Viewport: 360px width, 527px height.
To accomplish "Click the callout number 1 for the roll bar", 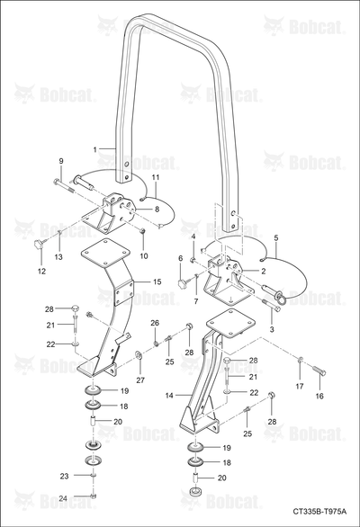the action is pyautogui.click(x=95, y=149).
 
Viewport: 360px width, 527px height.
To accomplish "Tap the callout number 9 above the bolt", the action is pyautogui.click(x=61, y=161).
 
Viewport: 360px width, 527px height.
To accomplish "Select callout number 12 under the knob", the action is pyautogui.click(x=41, y=272).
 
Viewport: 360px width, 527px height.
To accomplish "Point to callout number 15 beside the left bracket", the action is pyautogui.click(x=157, y=281).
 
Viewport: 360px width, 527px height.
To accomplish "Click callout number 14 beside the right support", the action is pyautogui.click(x=169, y=396).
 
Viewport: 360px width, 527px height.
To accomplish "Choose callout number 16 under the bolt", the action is pyautogui.click(x=319, y=396).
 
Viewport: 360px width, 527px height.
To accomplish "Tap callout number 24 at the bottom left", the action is pyautogui.click(x=63, y=498).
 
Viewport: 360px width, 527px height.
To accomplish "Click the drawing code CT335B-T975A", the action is pyautogui.click(x=319, y=512).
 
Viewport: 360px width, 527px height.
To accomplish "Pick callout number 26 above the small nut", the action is pyautogui.click(x=155, y=323).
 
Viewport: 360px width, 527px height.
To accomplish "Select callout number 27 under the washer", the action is pyautogui.click(x=140, y=380).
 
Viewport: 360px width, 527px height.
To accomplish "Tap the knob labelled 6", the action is pyautogui.click(x=183, y=284).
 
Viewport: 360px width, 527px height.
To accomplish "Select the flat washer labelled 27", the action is pyautogui.click(x=138, y=354).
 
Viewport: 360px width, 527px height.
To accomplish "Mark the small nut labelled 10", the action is pyautogui.click(x=142, y=231).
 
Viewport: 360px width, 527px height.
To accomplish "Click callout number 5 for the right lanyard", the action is pyautogui.click(x=276, y=238).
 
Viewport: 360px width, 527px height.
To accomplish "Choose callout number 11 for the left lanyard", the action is pyautogui.click(x=156, y=177).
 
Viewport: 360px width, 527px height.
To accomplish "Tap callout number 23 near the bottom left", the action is pyautogui.click(x=64, y=476).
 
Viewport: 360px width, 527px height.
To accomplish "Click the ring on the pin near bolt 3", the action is pyautogui.click(x=282, y=297).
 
